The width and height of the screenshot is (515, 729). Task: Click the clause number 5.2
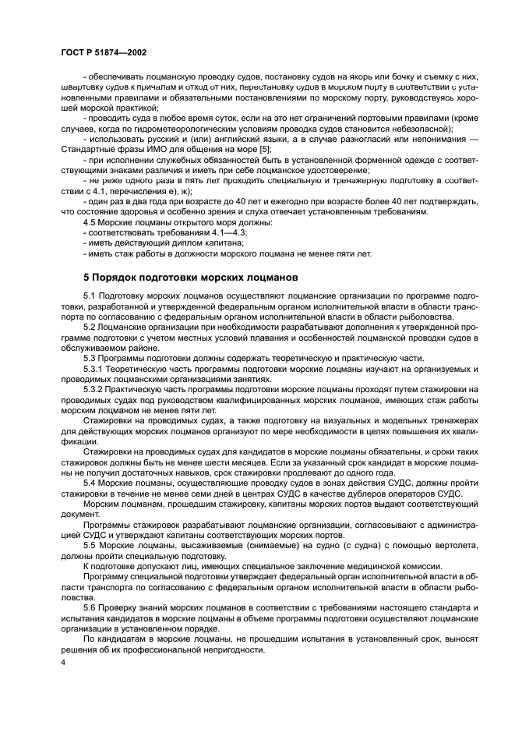tap(90, 327)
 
